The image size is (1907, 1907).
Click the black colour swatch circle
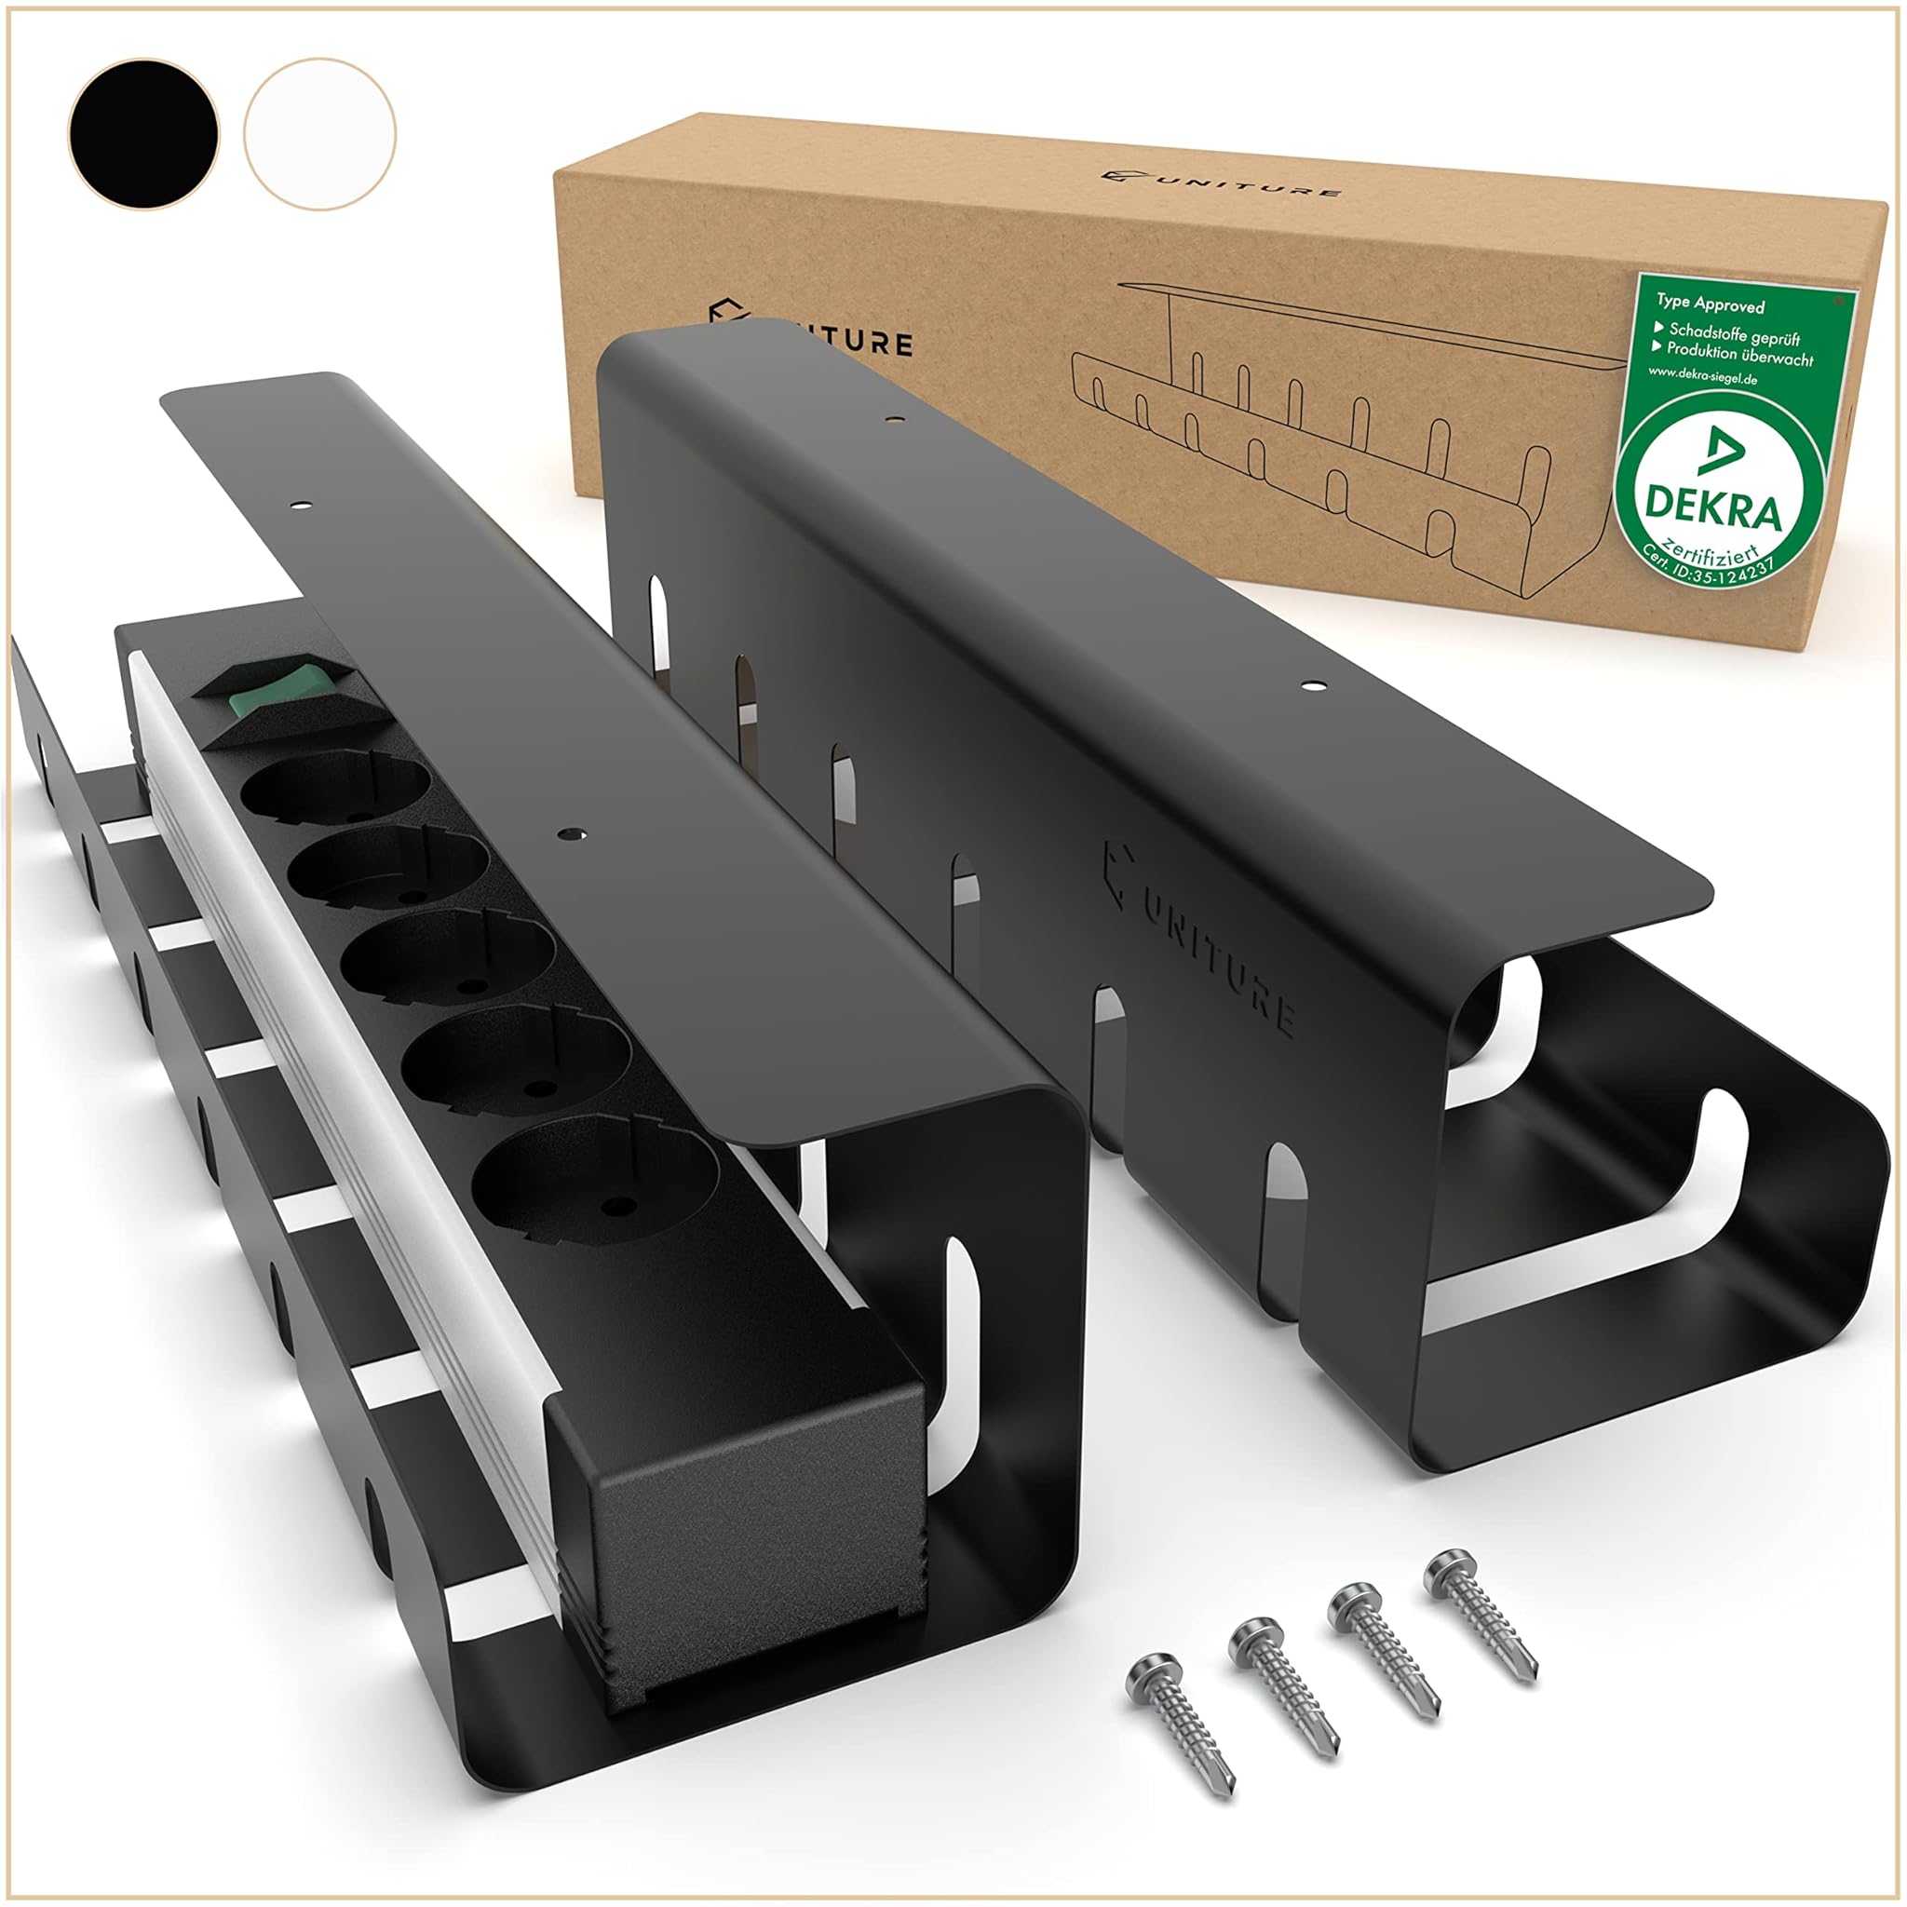(x=143, y=133)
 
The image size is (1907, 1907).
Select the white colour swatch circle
(x=319, y=133)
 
